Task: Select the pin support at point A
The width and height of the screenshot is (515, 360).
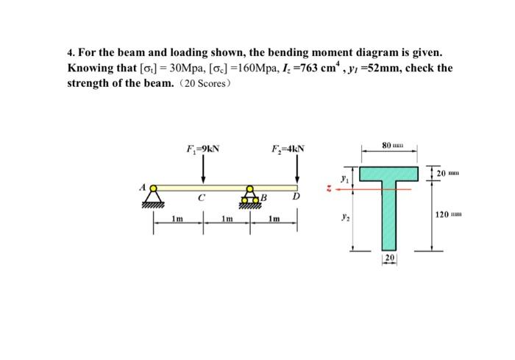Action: [x=154, y=195]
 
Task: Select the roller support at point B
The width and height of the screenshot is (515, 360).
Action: [x=251, y=197]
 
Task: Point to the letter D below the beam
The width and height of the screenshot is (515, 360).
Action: [x=296, y=199]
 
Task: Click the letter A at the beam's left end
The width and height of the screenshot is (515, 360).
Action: [x=143, y=187]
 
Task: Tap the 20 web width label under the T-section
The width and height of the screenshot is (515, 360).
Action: [x=389, y=258]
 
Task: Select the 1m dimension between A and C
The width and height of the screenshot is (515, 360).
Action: [x=178, y=219]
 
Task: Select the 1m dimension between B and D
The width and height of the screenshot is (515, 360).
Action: [x=274, y=219]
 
